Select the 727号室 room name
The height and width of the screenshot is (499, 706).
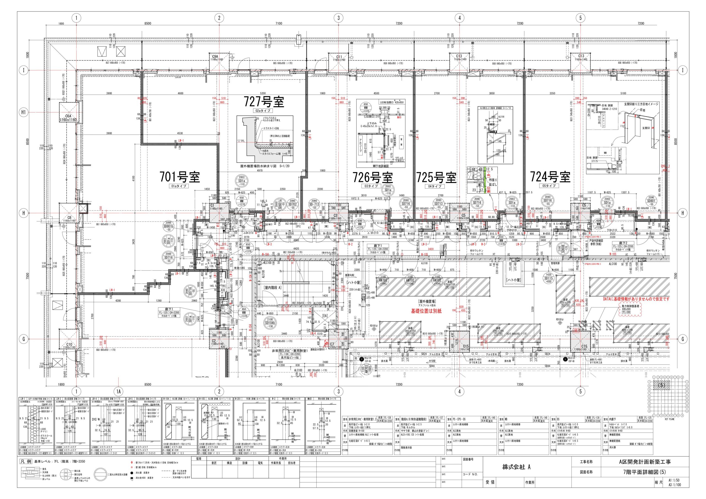(x=264, y=101)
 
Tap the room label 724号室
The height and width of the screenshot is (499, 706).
(x=550, y=177)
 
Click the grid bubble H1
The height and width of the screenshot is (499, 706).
(x=24, y=112)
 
